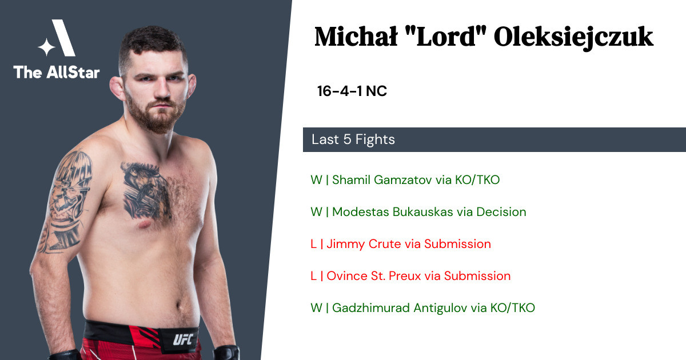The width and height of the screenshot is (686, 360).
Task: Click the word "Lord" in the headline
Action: click(x=445, y=37)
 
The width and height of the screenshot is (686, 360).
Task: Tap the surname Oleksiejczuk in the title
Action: click(x=573, y=38)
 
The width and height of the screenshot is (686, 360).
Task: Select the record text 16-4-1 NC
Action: click(x=352, y=91)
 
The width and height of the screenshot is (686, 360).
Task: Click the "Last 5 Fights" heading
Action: click(x=353, y=139)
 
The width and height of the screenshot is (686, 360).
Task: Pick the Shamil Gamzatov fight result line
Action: click(x=405, y=179)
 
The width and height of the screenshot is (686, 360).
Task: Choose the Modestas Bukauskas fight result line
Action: click(x=418, y=212)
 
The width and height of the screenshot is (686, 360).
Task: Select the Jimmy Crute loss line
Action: click(x=401, y=244)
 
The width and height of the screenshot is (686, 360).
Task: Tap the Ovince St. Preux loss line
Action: click(x=410, y=276)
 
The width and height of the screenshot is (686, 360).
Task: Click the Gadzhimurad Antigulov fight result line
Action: click(x=422, y=308)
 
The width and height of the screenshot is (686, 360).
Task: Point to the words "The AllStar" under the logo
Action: click(x=57, y=72)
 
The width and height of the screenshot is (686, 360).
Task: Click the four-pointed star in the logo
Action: click(x=46, y=47)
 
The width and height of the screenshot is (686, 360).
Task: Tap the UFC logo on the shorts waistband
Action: click(x=183, y=339)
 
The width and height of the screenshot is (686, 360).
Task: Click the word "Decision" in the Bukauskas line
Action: click(x=501, y=212)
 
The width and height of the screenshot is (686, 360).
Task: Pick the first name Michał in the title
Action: click(x=356, y=37)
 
